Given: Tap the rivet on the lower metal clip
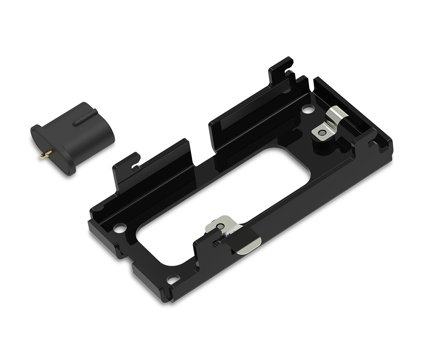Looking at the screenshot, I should (221, 226).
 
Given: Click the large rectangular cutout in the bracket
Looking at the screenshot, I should (226, 201).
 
